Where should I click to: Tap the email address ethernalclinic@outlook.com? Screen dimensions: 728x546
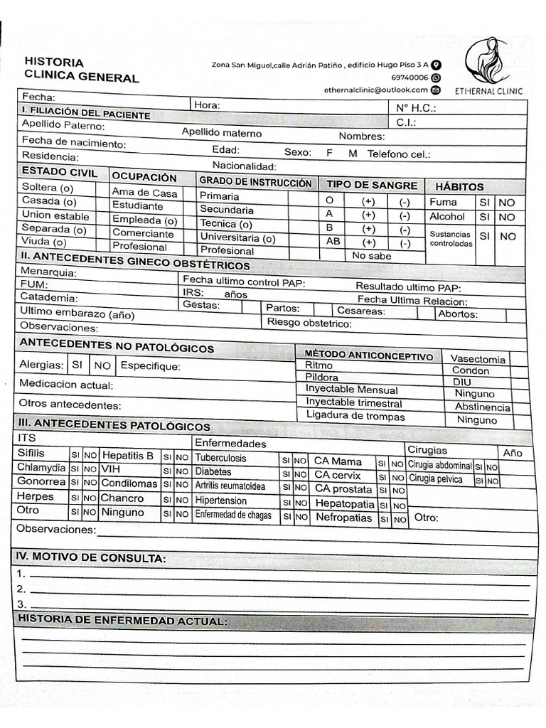[x=376, y=90]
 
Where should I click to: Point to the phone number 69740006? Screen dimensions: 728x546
[x=409, y=77]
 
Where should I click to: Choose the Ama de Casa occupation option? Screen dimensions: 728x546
[x=144, y=192]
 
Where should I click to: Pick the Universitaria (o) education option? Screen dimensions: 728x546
[x=238, y=237]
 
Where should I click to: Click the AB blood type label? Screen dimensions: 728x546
[x=333, y=241]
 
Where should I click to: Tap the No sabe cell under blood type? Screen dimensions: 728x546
[x=371, y=256]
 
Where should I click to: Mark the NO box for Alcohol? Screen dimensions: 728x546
[x=506, y=218]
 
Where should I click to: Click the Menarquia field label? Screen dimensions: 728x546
[x=49, y=272]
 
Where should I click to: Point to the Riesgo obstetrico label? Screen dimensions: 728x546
[x=309, y=323]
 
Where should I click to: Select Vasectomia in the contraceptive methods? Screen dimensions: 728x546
[x=478, y=360]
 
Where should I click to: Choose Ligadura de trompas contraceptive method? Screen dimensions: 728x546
[x=355, y=417]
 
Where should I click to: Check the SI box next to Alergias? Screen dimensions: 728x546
[x=77, y=365]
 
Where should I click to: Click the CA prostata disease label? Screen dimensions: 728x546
[x=343, y=489]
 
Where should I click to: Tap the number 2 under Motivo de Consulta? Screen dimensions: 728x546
[x=21, y=589]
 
